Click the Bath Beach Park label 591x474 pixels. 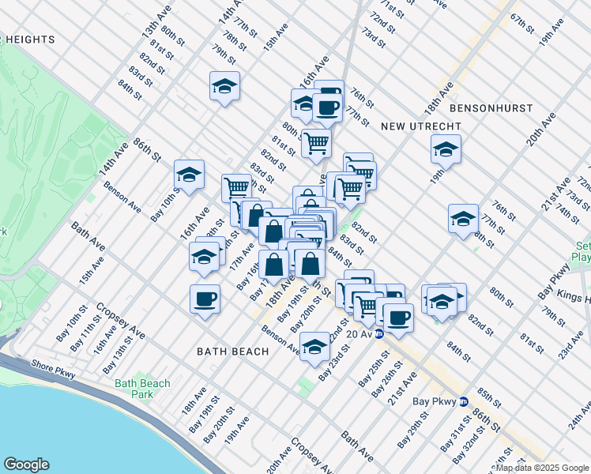[142, 389]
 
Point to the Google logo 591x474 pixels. [26, 465]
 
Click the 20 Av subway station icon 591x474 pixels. [379, 334]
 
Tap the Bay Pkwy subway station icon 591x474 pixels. [465, 401]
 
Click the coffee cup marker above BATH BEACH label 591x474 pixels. [205, 299]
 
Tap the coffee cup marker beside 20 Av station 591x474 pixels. [397, 318]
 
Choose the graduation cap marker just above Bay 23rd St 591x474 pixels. [314, 348]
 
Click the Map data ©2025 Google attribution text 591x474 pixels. [542, 468]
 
